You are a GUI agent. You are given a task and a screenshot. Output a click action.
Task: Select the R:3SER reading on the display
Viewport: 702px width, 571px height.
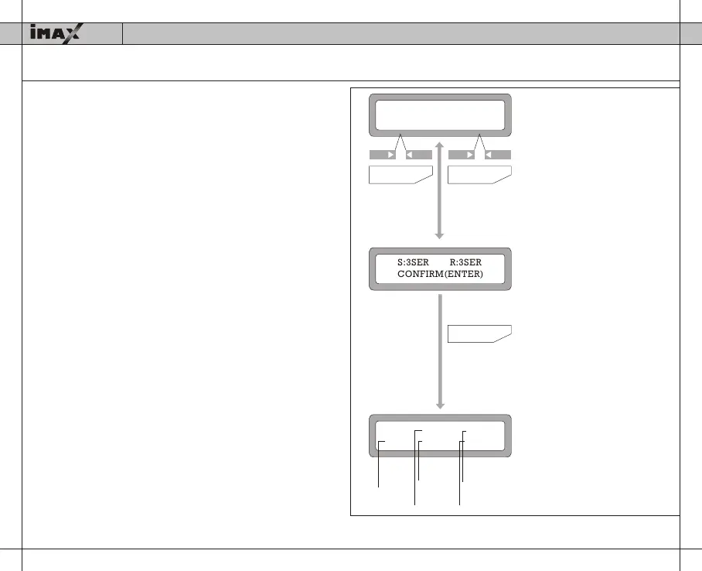click(x=465, y=263)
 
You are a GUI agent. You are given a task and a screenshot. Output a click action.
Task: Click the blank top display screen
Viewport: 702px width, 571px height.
click(x=440, y=115)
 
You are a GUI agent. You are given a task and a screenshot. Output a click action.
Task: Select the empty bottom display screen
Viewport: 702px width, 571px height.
click(x=440, y=437)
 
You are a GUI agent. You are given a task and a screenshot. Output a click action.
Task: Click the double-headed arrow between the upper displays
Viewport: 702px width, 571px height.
click(x=439, y=190)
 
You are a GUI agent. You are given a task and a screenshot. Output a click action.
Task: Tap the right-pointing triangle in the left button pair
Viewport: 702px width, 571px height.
click(x=391, y=155)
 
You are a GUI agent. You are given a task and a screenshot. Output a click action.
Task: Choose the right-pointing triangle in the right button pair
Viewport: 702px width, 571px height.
click(x=470, y=155)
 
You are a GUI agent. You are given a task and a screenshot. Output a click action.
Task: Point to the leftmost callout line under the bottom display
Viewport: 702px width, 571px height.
click(x=378, y=464)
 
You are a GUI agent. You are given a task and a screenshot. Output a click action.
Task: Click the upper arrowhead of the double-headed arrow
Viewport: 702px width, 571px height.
click(x=439, y=145)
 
